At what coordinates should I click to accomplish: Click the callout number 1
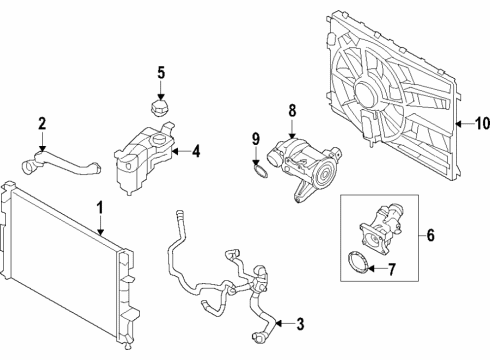(x=100, y=207)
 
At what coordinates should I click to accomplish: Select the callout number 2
(x=42, y=124)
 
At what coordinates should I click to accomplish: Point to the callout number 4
(x=197, y=152)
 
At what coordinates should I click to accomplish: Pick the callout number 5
(x=161, y=72)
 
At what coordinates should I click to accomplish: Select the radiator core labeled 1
(x=65, y=270)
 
